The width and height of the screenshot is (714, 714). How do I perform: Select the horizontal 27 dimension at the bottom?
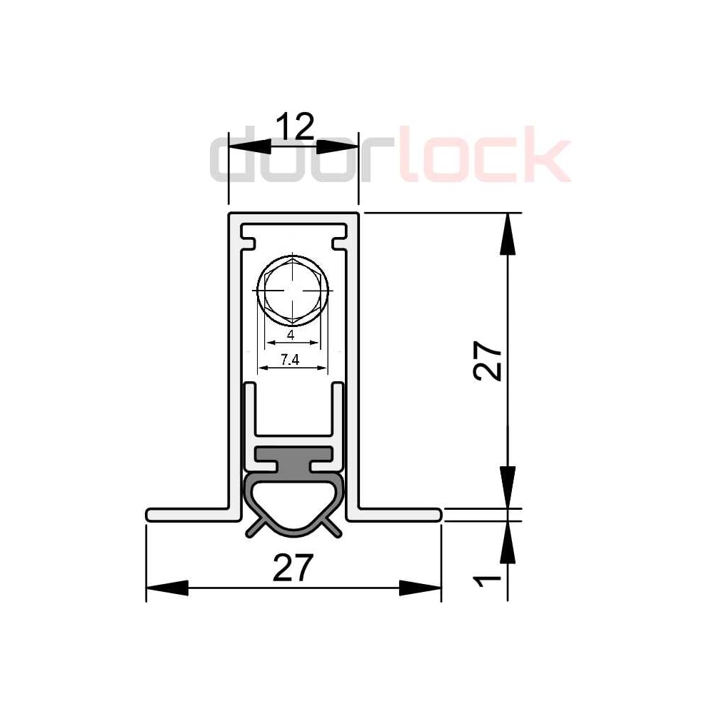click(293, 568)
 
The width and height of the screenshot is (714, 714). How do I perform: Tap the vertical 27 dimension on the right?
click(487, 360)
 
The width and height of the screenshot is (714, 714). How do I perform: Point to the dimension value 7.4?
click(290, 360)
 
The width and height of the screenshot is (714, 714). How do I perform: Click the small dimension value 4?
click(291, 335)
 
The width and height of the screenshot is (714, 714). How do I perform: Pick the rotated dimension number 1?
click(487, 581)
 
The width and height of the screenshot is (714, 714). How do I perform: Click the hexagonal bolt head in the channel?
click(293, 291)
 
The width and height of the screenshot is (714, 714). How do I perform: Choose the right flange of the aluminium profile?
click(394, 515)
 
